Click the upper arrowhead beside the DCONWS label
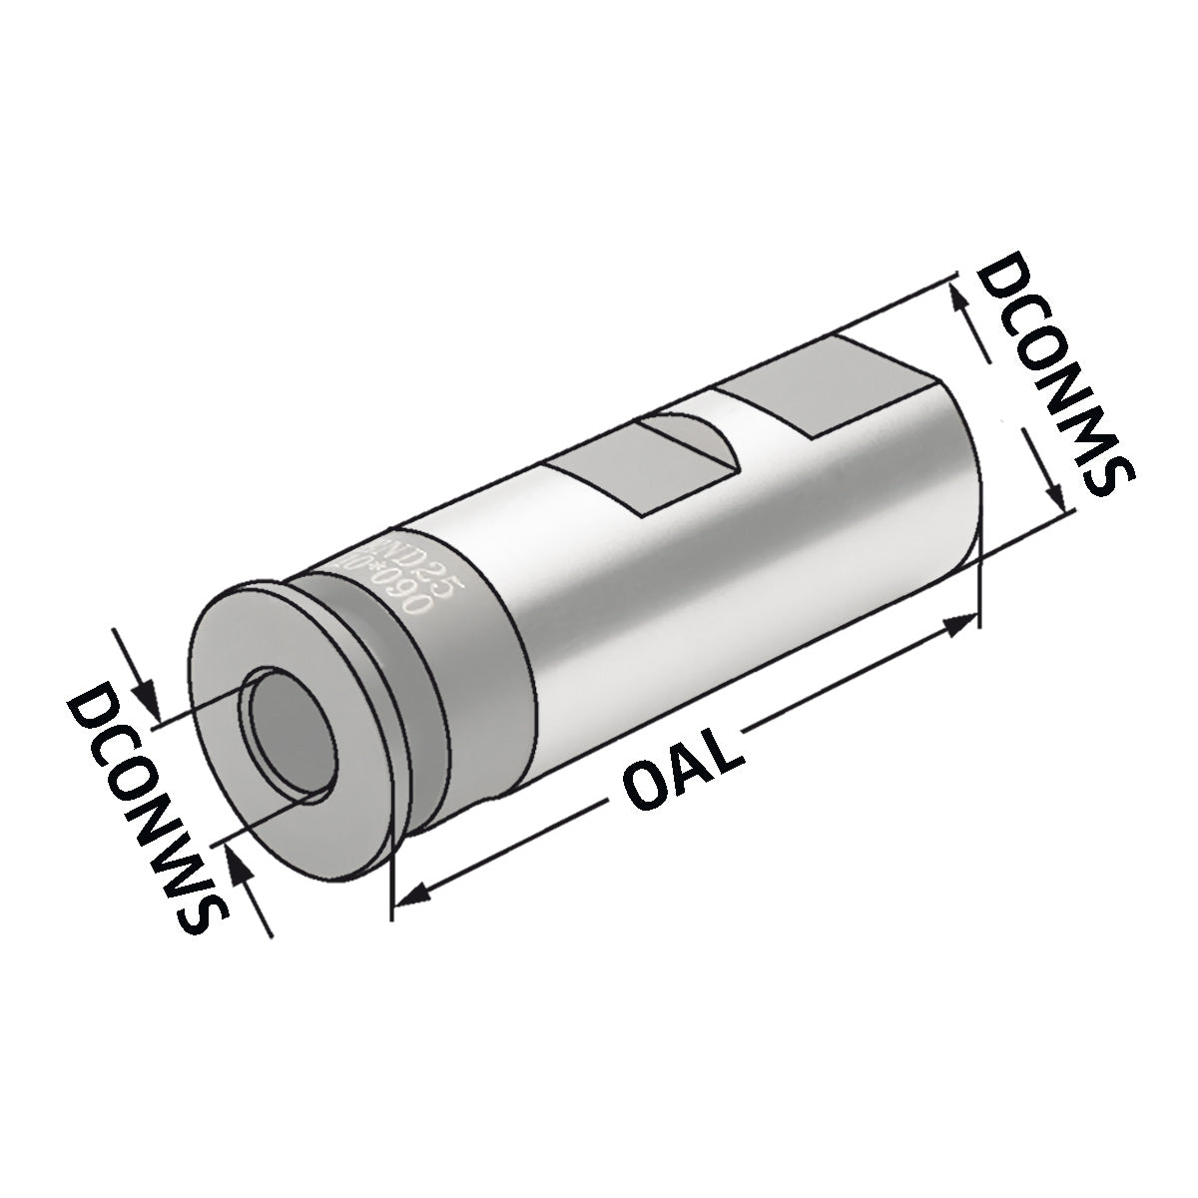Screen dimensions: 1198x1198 [x=147, y=698]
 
